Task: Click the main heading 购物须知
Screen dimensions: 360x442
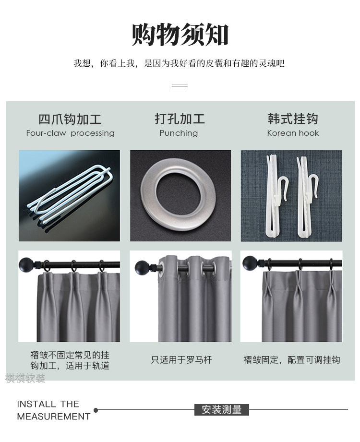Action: point(180,35)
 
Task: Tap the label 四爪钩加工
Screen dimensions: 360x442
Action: point(70,119)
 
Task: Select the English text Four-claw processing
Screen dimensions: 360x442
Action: point(70,133)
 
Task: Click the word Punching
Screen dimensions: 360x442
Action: point(179,133)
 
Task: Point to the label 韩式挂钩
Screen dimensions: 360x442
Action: point(293,119)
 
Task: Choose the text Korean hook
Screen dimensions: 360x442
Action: point(293,133)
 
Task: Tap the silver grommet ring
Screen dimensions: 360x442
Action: point(179,194)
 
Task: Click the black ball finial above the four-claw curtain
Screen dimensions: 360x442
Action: point(26,264)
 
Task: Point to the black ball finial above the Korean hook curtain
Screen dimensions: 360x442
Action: point(250,263)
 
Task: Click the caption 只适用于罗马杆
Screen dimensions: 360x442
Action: point(181,360)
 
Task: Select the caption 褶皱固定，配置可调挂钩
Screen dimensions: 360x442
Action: point(292,360)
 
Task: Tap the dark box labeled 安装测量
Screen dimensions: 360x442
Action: point(222,409)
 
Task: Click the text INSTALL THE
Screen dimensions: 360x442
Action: point(48,404)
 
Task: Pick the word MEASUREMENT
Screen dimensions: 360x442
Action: point(54,417)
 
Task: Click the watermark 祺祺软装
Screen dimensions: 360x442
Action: point(25,378)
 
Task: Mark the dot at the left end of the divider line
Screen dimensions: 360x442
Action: point(96,410)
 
